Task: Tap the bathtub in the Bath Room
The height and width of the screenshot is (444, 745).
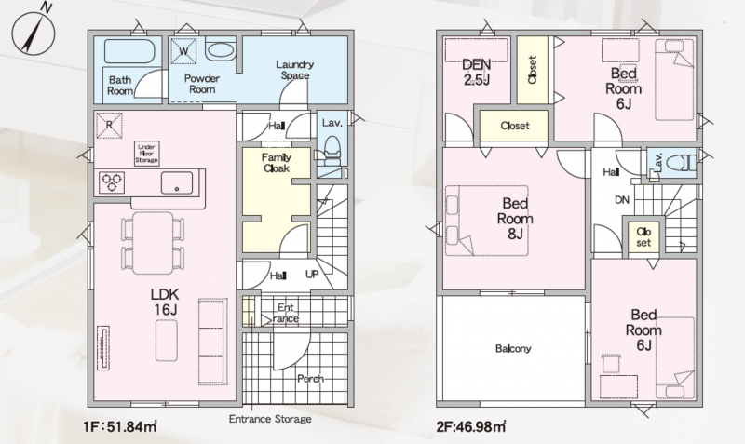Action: [x=129, y=52]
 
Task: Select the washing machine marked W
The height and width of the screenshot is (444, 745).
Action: [x=183, y=50]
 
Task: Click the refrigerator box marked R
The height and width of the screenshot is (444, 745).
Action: [x=109, y=126]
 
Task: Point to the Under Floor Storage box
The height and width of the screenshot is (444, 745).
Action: [x=146, y=154]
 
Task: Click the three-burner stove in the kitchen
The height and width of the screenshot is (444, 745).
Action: [x=112, y=182]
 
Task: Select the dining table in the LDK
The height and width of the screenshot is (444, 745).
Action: [x=153, y=243]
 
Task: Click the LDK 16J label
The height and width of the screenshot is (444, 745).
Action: [x=165, y=302]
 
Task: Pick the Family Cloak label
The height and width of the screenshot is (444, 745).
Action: [x=276, y=163]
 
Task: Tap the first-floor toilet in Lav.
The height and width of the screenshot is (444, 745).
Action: [x=332, y=151]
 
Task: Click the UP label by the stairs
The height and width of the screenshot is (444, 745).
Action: [x=312, y=275]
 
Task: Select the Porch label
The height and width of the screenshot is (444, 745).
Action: [x=311, y=379]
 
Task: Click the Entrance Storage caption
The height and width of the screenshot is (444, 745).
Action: [x=270, y=419]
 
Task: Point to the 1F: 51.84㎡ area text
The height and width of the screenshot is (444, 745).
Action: [x=120, y=427]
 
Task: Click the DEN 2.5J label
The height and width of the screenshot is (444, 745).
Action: [x=477, y=72]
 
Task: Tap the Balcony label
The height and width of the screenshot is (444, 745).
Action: [x=513, y=348]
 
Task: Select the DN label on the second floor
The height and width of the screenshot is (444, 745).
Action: [x=622, y=200]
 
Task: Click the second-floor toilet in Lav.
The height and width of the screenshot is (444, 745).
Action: [x=681, y=163]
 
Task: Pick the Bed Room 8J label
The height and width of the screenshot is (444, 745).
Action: [x=515, y=219]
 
